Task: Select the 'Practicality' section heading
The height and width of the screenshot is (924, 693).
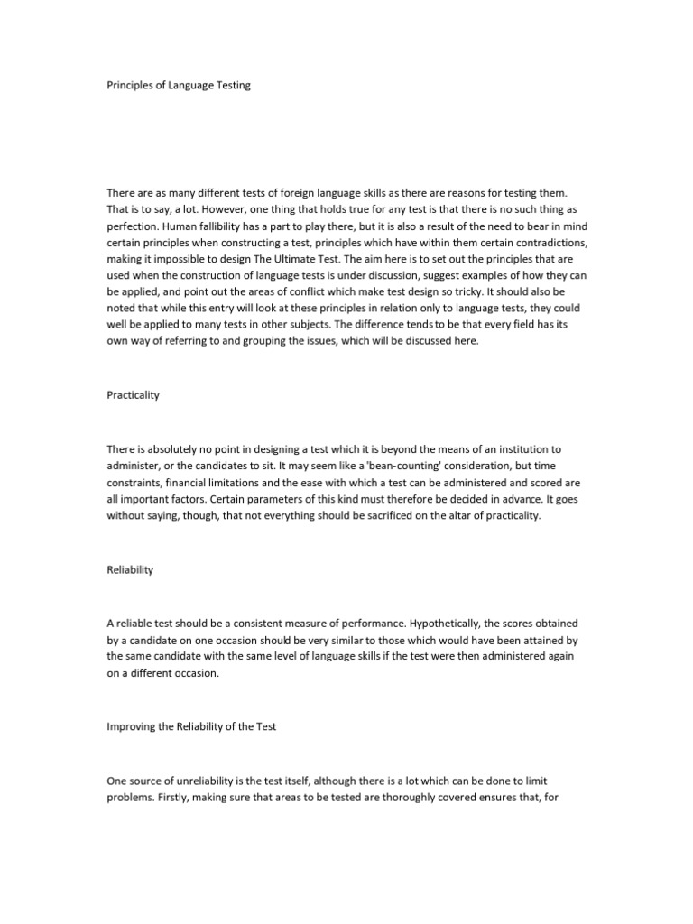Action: tap(133, 396)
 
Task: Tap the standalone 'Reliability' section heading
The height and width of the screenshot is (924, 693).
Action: tap(130, 569)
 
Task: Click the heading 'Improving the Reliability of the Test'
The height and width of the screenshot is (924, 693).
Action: tap(197, 726)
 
